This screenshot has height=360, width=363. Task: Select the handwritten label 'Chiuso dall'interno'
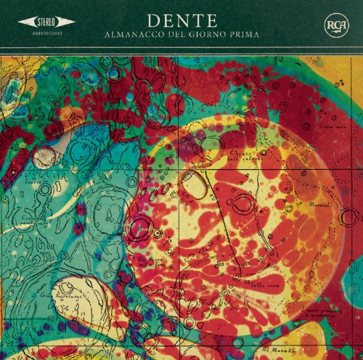[x=244, y=157]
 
